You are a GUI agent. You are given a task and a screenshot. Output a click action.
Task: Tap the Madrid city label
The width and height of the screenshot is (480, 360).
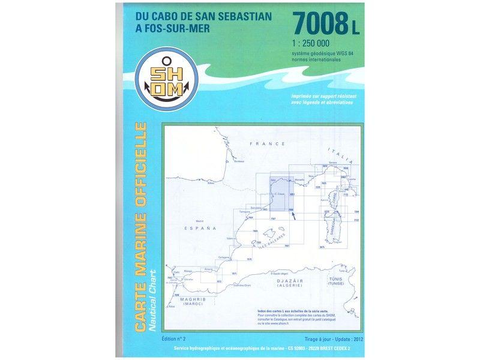click(192, 221)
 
